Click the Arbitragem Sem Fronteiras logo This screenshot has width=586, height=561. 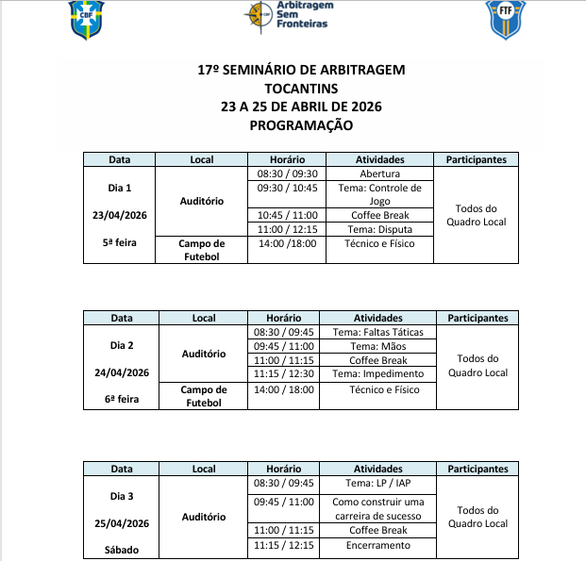288,14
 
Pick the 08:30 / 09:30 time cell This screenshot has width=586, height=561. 287,174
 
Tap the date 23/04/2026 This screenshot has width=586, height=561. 121,215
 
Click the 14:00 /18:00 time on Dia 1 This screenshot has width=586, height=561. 287,243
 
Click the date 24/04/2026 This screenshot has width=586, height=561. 121,372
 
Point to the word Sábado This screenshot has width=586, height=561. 121,548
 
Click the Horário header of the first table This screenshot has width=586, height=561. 287,160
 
